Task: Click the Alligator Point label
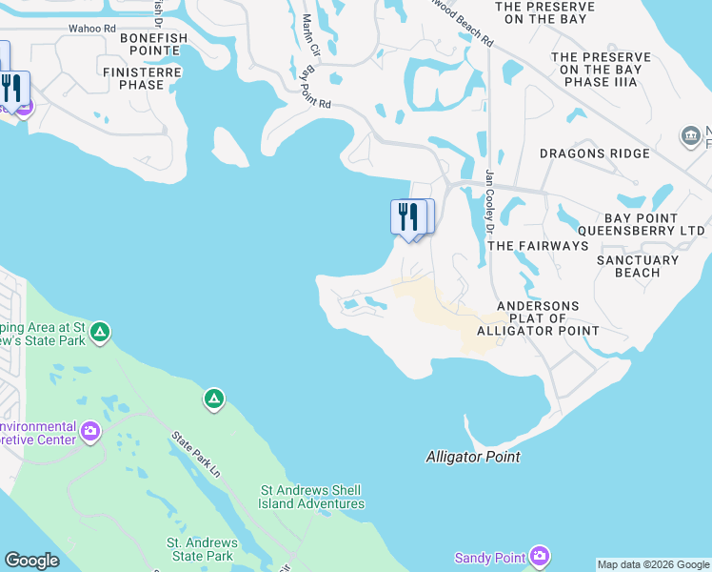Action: pyautogui.click(x=473, y=458)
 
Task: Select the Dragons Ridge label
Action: pyautogui.click(x=608, y=153)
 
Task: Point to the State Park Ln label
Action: pyautogui.click(x=195, y=456)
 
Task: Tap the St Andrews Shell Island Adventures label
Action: pyautogui.click(x=312, y=498)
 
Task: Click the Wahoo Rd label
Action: pyautogui.click(x=93, y=29)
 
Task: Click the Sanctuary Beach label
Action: pyautogui.click(x=638, y=266)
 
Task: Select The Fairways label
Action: pyautogui.click(x=538, y=246)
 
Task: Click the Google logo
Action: pyautogui.click(x=31, y=561)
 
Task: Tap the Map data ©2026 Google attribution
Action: pyautogui.click(x=653, y=564)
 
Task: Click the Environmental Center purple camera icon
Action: pyautogui.click(x=90, y=432)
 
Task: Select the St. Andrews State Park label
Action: pyautogui.click(x=200, y=549)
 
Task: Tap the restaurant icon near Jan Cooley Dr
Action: pyautogui.click(x=407, y=216)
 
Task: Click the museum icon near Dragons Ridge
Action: pyautogui.click(x=691, y=137)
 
